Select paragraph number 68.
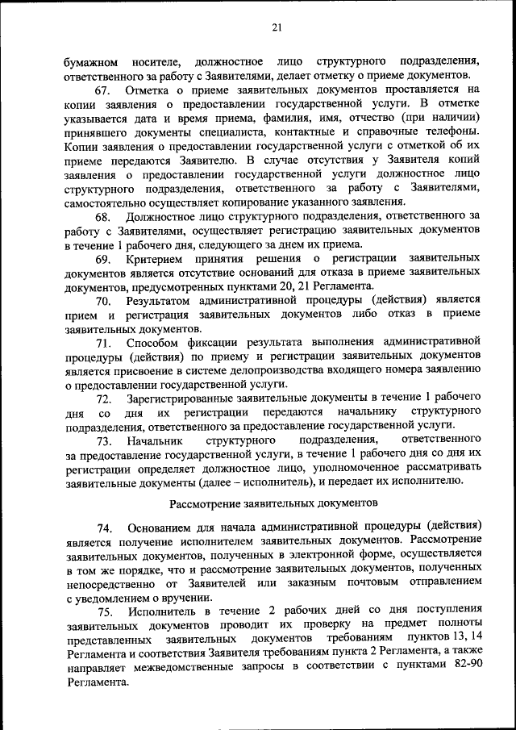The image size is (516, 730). click(x=105, y=217)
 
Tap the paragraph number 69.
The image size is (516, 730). click(x=105, y=259)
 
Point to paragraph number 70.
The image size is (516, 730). click(x=105, y=301)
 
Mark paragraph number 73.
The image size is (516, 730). click(x=105, y=441)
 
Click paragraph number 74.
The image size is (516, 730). click(x=105, y=527)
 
